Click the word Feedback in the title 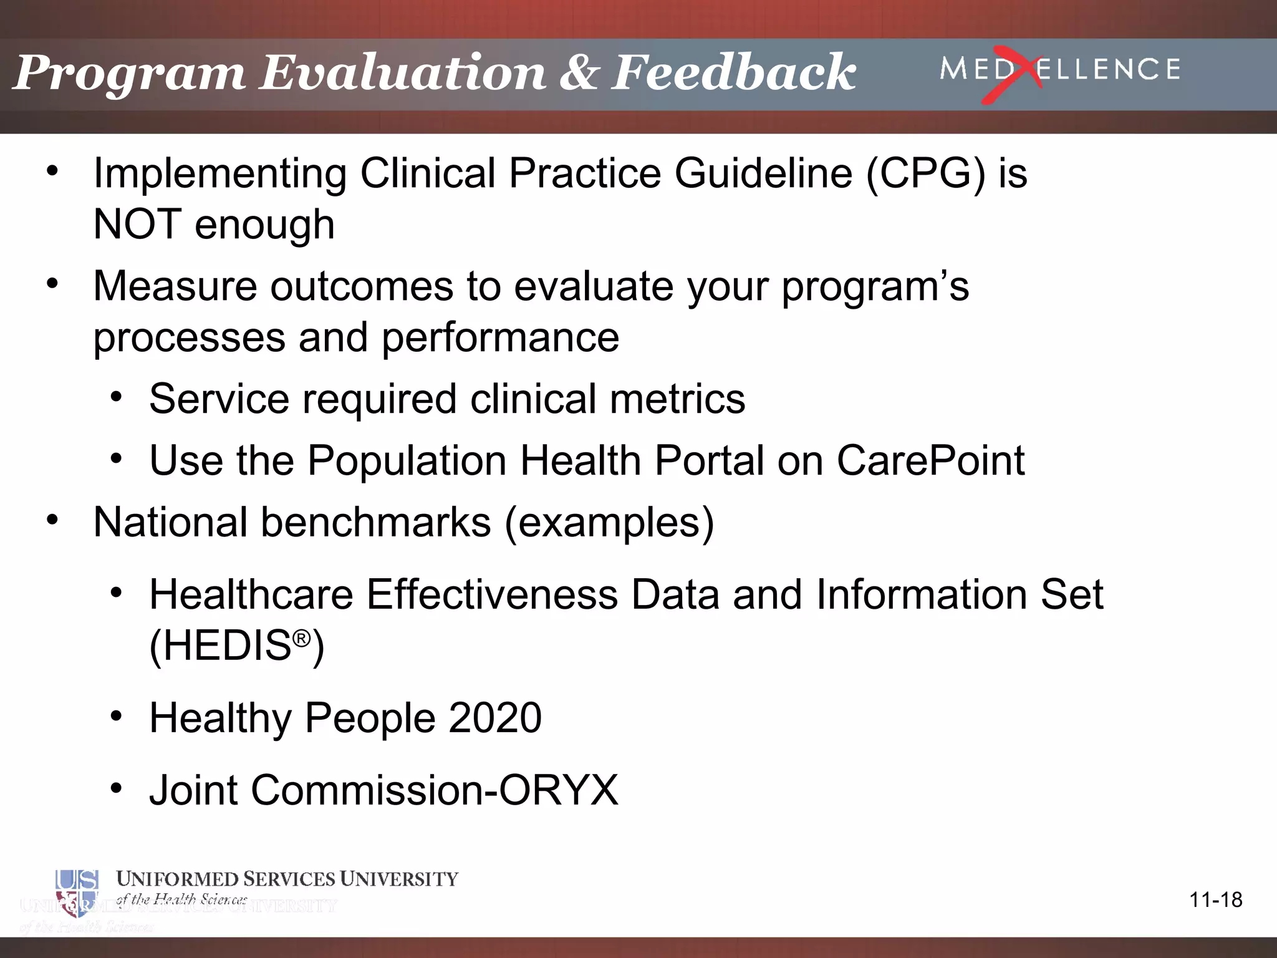click(733, 72)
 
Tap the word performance click(500, 338)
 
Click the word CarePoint click(930, 461)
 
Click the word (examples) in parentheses click(609, 523)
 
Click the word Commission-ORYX click(434, 790)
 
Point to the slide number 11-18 click(1215, 899)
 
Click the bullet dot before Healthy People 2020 click(117, 717)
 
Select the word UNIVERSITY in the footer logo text click(399, 879)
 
